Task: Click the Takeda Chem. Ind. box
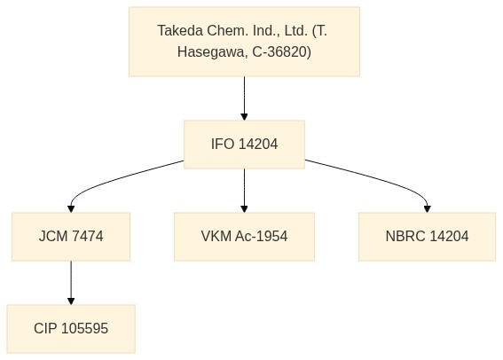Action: tap(244, 42)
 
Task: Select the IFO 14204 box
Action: tap(244, 145)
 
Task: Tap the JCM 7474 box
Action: tap(71, 237)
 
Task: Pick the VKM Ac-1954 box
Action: tap(244, 237)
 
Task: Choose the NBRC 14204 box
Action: tap(427, 237)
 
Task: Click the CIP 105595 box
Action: tap(71, 329)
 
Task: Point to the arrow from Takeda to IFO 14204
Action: tap(244, 98)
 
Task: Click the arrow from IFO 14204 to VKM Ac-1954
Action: tap(244, 191)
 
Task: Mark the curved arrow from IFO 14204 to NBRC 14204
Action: tap(381, 179)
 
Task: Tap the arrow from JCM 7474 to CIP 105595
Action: tap(71, 283)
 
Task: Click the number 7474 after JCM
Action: tap(88, 237)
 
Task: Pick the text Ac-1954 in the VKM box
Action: tap(261, 237)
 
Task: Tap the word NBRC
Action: tap(405, 237)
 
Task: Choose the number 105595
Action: tap(84, 329)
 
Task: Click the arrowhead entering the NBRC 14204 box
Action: tap(427, 209)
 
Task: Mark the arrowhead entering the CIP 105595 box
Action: tap(71, 301)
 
